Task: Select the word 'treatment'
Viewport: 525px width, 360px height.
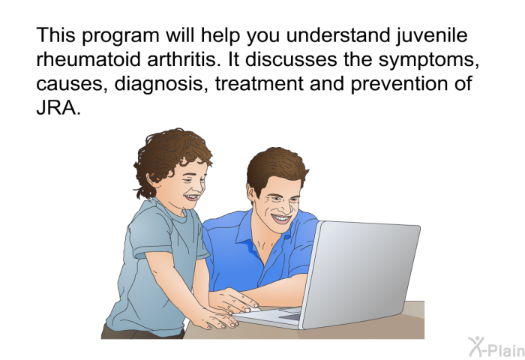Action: click(259, 84)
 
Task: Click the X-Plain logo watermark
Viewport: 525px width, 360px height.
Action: click(496, 346)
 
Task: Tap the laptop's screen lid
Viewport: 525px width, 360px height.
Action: click(361, 271)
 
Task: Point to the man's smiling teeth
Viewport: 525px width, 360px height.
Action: click(281, 219)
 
